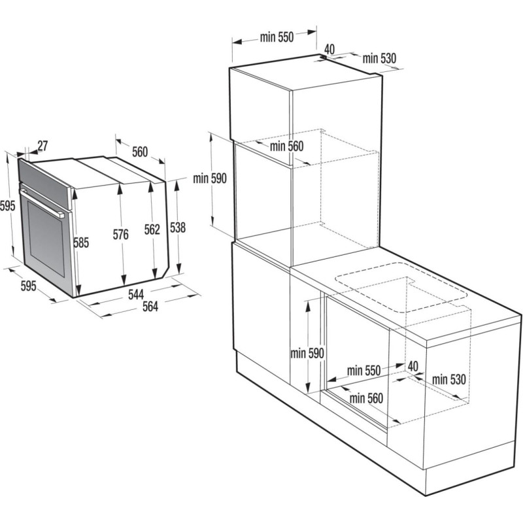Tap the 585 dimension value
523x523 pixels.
80,243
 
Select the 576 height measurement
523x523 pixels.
120,234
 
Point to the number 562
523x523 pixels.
152,229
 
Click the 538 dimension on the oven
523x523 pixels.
177,228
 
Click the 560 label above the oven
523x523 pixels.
140,152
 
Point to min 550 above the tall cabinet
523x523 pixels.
277,37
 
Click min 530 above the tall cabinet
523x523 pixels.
379,58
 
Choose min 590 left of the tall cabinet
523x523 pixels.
210,179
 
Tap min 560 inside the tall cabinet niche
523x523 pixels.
286,146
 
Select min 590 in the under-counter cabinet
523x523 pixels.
307,353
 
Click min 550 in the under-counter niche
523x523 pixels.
363,371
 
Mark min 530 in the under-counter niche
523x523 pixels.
448,379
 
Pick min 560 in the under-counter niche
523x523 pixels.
365,397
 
